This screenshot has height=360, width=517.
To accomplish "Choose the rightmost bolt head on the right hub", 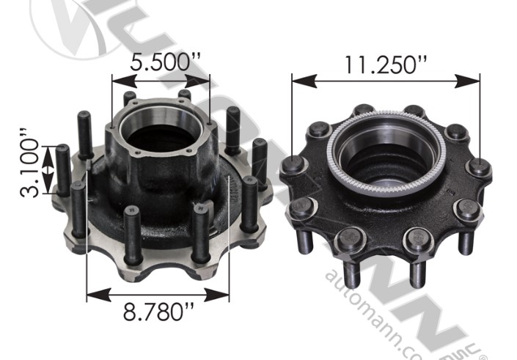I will pos(478,167).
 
